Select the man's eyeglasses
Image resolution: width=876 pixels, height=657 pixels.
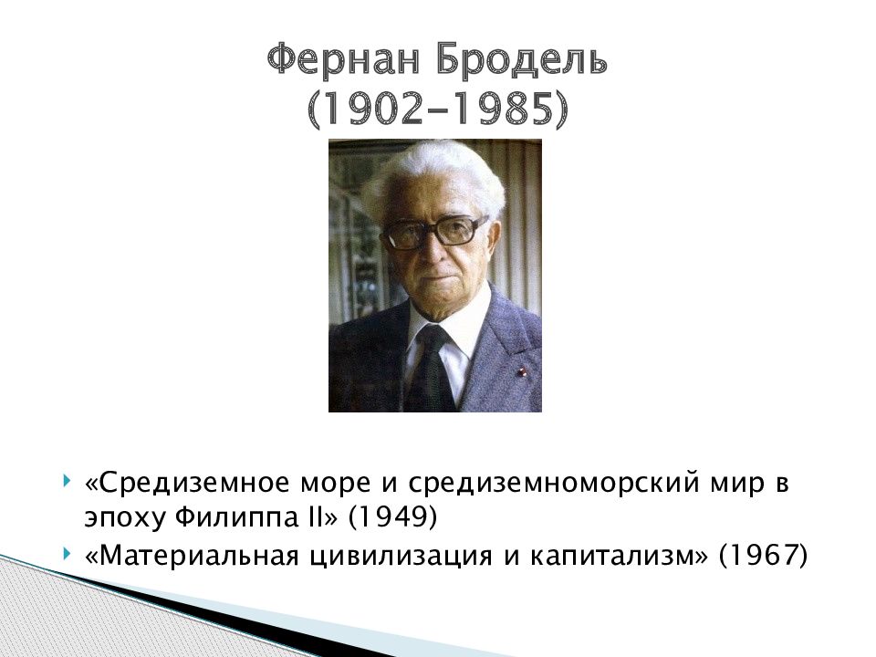433,232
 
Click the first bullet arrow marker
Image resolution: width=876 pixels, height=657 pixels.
67,480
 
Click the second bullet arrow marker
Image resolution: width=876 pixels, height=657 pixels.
67,554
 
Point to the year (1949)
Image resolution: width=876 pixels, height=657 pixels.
392,517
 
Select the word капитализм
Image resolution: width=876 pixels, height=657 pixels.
614,557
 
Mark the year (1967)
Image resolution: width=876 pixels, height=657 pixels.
763,556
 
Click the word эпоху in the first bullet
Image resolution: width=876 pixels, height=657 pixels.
125,520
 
